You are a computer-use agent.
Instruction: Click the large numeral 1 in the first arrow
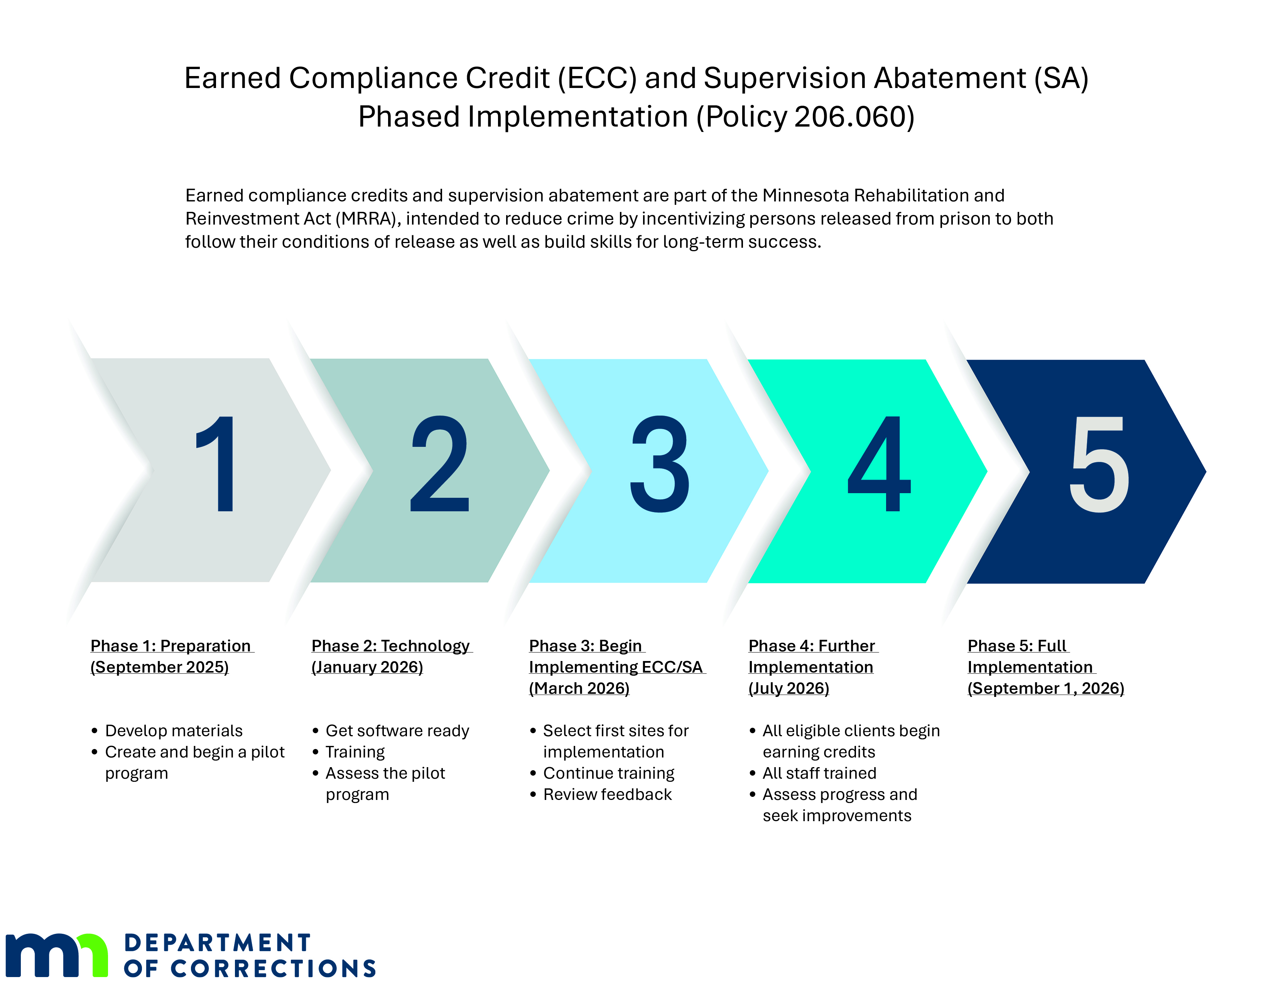pos(219,464)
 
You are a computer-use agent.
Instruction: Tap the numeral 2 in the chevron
pos(440,464)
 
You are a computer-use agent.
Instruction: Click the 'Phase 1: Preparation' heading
pos(171,646)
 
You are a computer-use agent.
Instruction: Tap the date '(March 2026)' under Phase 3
pos(579,688)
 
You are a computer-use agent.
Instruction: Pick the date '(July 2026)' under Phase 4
pos(788,688)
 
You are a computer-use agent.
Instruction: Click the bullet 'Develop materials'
pos(174,730)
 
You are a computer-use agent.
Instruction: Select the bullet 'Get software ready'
pos(397,730)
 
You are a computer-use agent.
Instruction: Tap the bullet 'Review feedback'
pos(607,795)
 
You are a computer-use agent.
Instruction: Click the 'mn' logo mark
pos(57,955)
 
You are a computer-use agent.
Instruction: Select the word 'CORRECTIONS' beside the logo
pos(274,968)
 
